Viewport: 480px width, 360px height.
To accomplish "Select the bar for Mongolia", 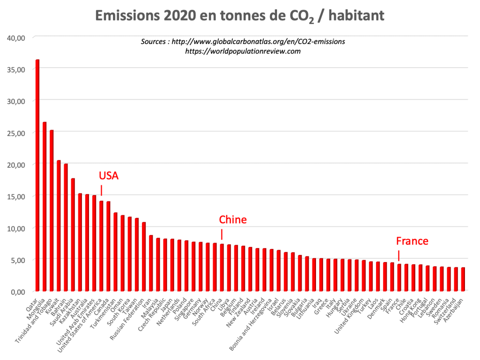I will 45,207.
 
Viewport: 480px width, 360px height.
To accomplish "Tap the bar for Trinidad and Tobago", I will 52,211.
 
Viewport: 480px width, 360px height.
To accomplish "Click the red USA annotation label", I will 109,176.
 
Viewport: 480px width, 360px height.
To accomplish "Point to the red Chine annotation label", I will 232,220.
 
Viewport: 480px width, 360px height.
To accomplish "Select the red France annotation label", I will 412,241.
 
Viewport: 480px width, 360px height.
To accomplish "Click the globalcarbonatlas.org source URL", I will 258,41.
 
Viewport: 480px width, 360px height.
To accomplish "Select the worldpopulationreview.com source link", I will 243,51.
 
